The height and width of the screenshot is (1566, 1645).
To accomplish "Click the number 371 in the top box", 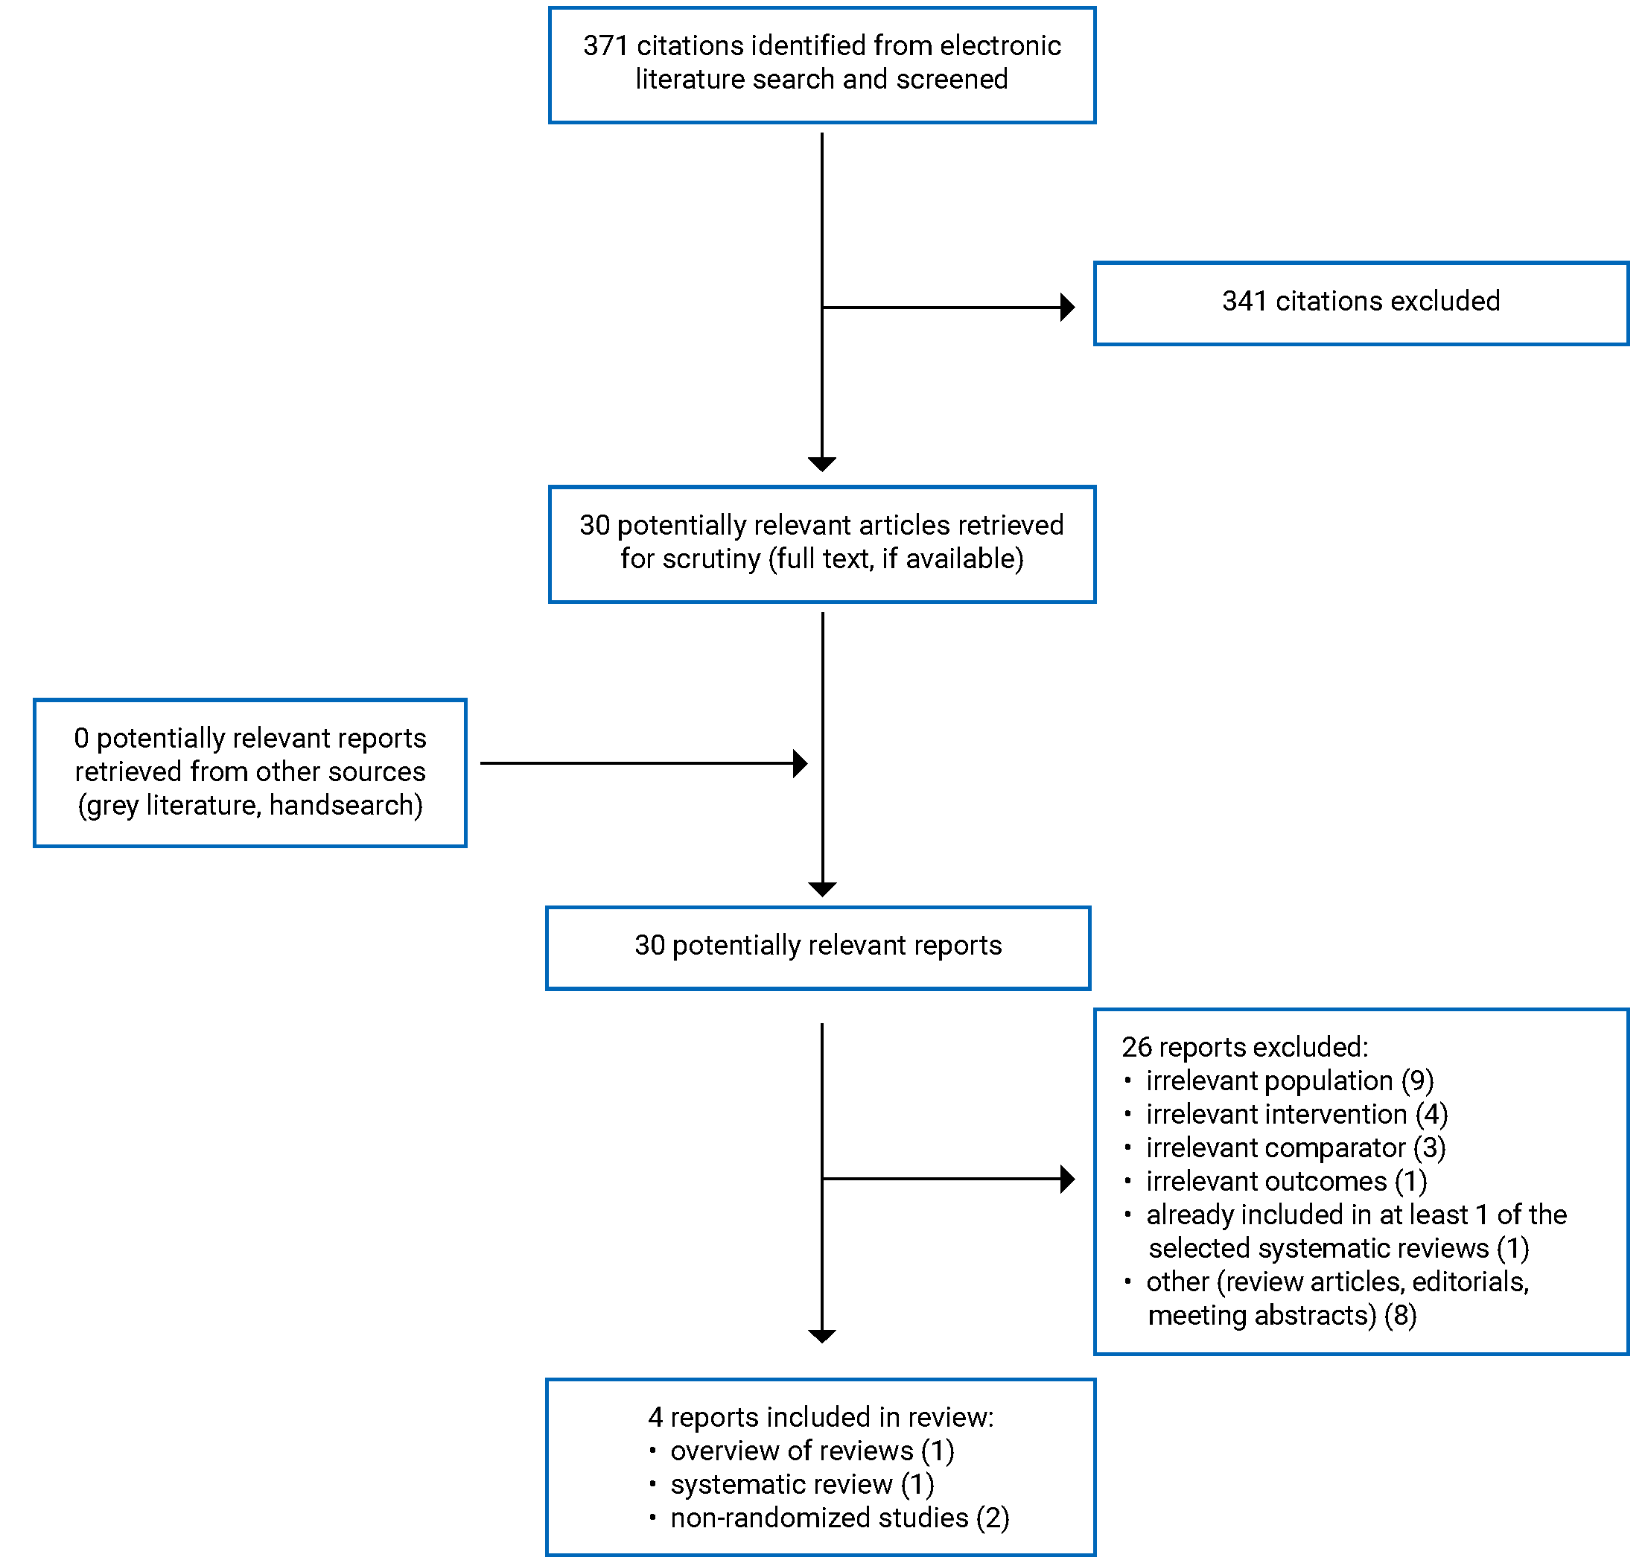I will (604, 46).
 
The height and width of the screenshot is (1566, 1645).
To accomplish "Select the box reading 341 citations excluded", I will (1360, 302).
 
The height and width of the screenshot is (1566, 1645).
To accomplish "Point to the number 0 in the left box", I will (81, 738).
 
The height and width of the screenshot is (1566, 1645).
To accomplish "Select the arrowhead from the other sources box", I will (799, 763).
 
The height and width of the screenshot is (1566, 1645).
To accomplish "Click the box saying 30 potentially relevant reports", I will (817, 946).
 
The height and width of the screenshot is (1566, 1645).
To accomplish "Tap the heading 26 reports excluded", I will (1244, 1047).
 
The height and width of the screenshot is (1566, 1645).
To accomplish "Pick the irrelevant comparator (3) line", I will (1294, 1148).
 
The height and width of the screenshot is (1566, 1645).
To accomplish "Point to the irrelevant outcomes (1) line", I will (1285, 1181).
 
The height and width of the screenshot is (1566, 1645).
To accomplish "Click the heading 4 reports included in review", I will (820, 1417).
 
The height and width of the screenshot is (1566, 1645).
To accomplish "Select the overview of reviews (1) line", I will (811, 1451).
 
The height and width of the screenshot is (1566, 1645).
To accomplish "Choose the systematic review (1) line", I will (801, 1484).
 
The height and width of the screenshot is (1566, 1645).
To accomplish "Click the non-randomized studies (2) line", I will (839, 1518).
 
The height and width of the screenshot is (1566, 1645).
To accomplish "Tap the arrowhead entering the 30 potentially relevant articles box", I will (821, 463).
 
